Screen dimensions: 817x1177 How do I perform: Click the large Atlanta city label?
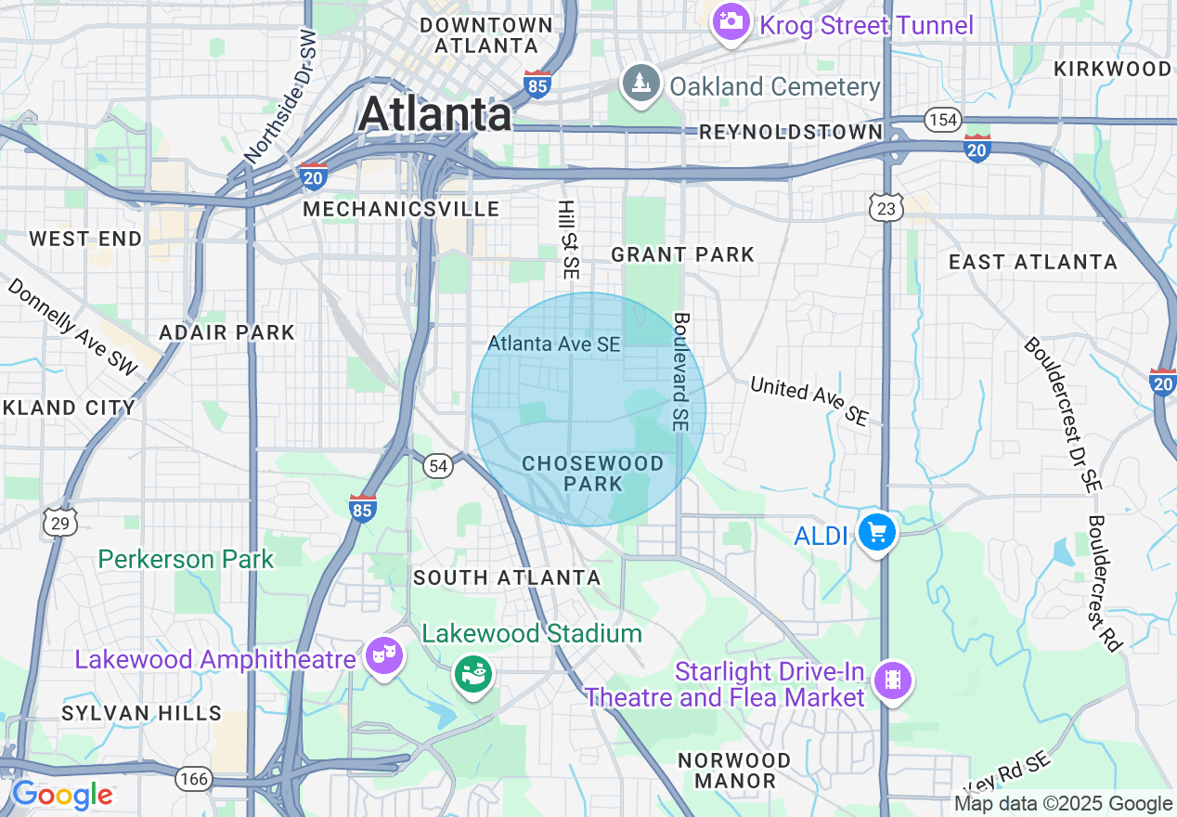coord(434,114)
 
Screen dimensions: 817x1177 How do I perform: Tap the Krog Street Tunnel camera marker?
coord(731,21)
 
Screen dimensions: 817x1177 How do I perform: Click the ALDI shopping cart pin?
coord(877,533)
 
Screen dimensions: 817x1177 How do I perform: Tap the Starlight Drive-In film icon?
coord(892,681)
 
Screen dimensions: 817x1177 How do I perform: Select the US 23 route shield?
coord(886,209)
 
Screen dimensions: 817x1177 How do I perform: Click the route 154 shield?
coord(942,120)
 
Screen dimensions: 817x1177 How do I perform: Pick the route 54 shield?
coord(438,466)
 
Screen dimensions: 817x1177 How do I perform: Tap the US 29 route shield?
coord(60,523)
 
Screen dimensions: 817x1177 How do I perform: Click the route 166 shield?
coord(194,778)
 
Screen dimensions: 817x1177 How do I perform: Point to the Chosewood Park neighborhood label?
coord(592,473)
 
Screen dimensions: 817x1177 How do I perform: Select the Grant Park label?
coord(682,254)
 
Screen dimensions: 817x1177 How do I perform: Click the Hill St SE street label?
coord(568,240)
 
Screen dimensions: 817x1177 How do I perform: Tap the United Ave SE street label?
coord(809,400)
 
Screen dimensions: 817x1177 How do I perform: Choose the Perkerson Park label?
coord(186,559)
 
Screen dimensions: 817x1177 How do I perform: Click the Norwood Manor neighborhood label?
coord(734,771)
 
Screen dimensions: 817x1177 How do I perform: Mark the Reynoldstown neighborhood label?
coord(790,132)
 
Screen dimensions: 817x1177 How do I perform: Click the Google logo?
coord(61,796)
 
